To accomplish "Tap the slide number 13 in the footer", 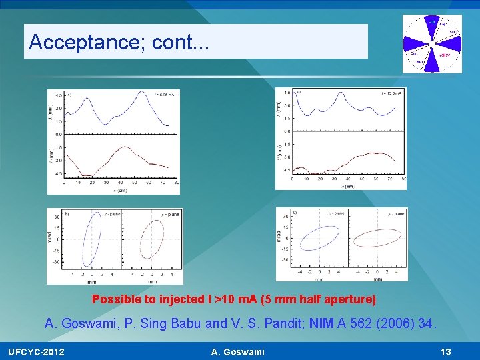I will [x=447, y=351].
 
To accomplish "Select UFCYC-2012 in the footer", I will [x=37, y=351].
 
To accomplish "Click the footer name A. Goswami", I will [x=237, y=351].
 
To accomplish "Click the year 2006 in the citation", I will [x=393, y=324].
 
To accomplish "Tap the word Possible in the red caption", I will [x=113, y=299].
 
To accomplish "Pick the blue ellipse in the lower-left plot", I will [x=91, y=244].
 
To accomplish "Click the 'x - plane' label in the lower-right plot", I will [x=335, y=213].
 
